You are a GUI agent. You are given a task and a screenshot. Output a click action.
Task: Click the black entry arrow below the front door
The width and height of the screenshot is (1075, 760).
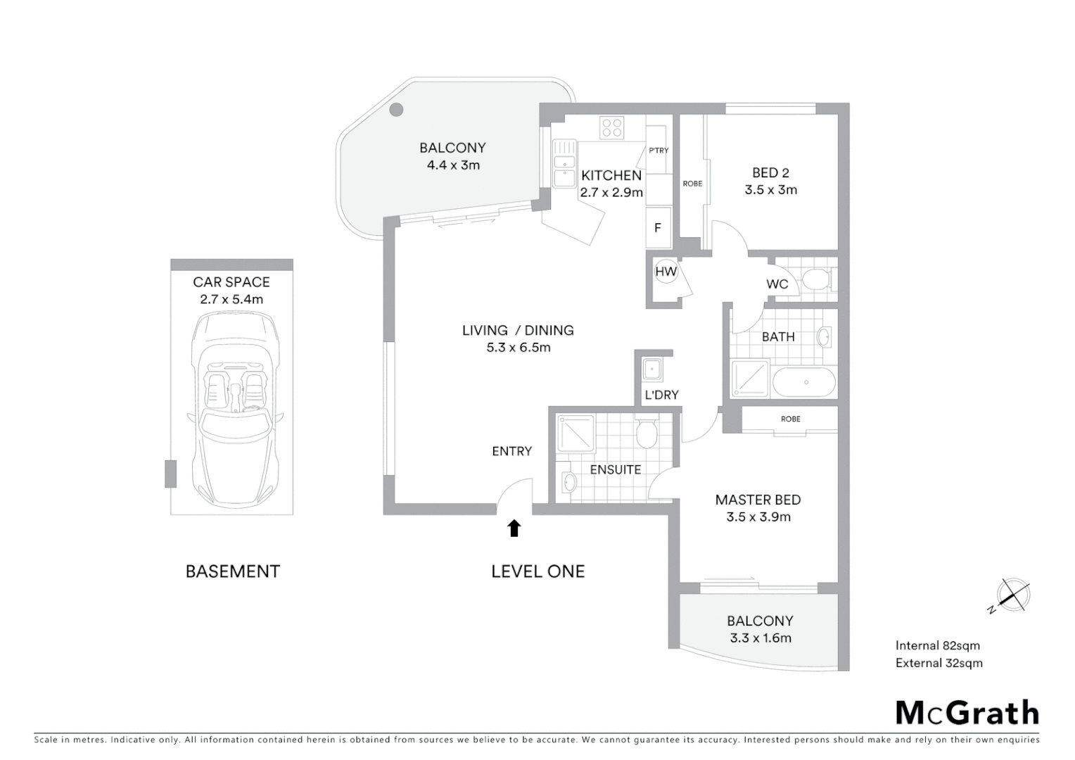point(514,528)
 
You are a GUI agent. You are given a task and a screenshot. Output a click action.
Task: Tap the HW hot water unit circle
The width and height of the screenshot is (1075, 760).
point(666,272)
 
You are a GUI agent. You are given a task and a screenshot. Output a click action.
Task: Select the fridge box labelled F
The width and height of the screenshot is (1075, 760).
point(659,227)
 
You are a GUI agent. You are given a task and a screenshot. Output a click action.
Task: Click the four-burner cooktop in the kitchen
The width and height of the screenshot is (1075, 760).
point(611,127)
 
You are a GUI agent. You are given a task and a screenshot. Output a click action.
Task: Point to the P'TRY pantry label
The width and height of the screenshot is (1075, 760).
point(659,151)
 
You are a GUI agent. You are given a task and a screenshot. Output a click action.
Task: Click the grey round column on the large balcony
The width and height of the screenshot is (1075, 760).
point(397,109)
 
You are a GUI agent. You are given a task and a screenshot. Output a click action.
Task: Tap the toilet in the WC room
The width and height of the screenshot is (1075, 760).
point(815,280)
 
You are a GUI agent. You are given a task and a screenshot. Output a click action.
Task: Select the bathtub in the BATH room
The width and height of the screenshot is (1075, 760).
point(804,383)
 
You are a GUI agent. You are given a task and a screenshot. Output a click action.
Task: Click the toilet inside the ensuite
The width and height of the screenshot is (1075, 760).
point(647,434)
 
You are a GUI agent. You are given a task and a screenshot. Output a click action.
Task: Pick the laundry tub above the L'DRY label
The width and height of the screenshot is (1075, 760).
point(651,369)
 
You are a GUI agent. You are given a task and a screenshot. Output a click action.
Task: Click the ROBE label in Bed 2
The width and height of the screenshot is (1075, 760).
point(692,184)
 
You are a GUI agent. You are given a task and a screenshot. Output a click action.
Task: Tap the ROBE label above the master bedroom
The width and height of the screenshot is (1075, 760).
point(790,419)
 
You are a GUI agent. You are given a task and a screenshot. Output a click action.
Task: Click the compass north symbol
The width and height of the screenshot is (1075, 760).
point(1012,595)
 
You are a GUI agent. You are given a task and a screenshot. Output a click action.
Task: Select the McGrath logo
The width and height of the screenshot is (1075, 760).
point(967,713)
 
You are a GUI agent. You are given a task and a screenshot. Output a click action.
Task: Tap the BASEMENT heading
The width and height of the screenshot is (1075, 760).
point(232,571)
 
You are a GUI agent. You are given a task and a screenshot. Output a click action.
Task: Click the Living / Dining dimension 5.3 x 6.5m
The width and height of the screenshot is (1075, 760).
point(519,348)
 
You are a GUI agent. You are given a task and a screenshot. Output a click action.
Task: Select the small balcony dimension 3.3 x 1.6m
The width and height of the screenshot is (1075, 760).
point(760,638)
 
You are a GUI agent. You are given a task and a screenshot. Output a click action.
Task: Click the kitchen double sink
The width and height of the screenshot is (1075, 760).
point(564,163)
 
